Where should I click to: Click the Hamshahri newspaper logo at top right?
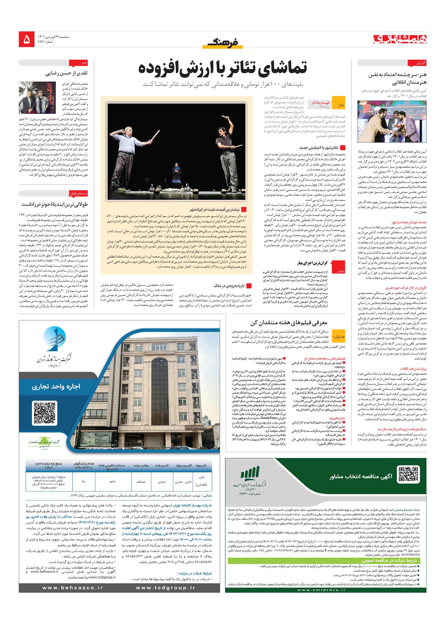tap(400, 39)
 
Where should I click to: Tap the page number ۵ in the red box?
tap(27, 39)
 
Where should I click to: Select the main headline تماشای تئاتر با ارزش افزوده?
tap(223, 68)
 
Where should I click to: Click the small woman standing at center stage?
tap(176, 172)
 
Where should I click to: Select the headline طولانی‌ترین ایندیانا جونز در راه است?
tap(55, 204)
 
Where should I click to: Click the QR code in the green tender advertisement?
tap(408, 474)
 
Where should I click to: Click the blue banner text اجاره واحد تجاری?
tap(56, 386)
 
